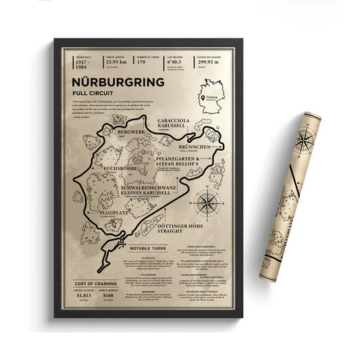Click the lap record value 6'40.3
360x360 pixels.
(175, 62)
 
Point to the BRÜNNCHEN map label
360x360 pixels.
(198, 145)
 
